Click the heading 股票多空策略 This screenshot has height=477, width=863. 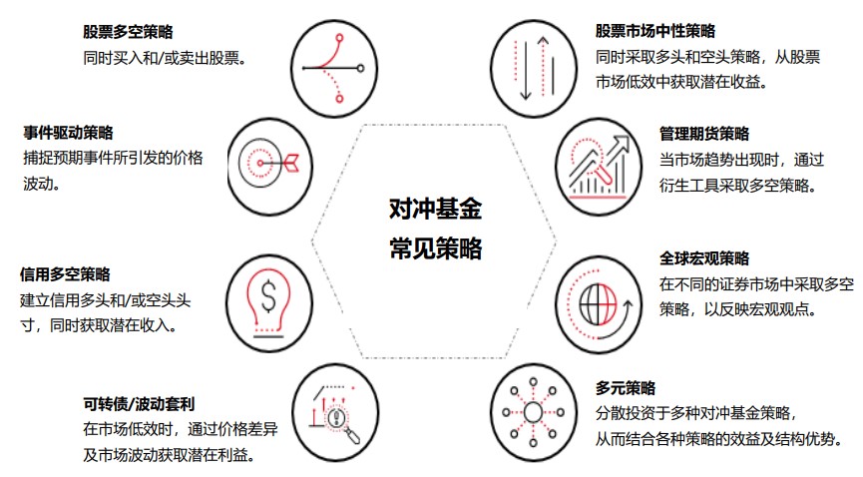click(135, 33)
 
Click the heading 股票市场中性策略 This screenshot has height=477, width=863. click(654, 32)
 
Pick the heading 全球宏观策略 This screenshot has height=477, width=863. click(703, 258)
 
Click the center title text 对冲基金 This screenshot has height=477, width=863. click(435, 209)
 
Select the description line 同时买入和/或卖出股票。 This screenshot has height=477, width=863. click(165, 58)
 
